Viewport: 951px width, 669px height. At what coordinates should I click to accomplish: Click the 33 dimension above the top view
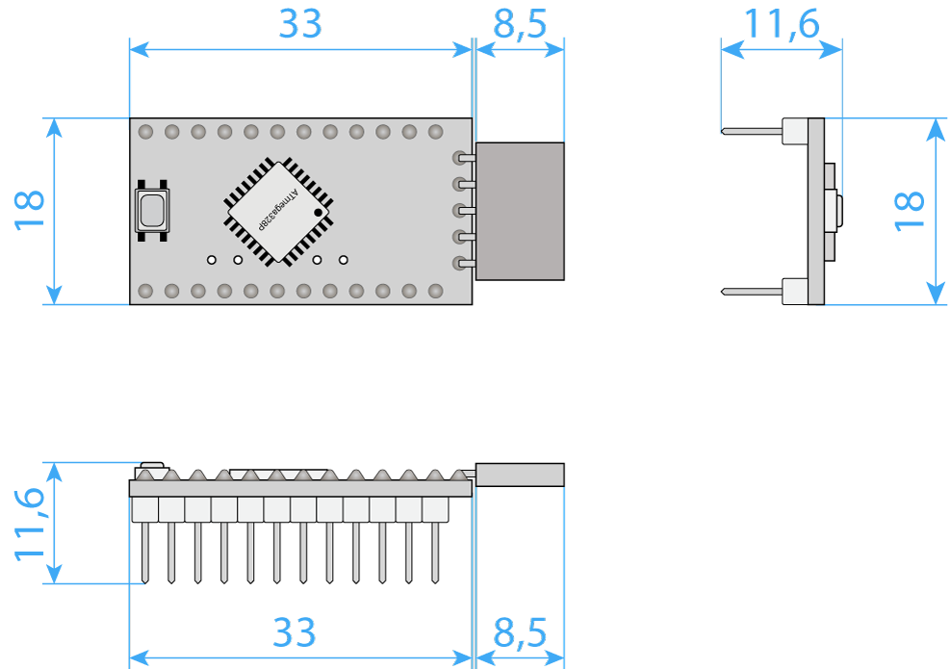(x=300, y=24)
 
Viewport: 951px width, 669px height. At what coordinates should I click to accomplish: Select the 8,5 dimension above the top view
(x=520, y=25)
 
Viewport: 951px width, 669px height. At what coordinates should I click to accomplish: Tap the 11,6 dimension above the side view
(x=782, y=25)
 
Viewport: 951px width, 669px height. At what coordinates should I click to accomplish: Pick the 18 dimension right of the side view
(x=910, y=211)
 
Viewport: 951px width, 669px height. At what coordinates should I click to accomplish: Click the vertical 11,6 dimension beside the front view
(x=29, y=524)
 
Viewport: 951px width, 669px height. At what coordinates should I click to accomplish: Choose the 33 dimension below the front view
(x=295, y=632)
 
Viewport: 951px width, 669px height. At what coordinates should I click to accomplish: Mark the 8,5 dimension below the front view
(x=520, y=633)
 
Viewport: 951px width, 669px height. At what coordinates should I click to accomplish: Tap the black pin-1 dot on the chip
(x=318, y=213)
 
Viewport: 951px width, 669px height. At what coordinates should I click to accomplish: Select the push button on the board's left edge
(x=152, y=211)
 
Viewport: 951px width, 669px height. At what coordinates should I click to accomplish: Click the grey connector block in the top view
(x=520, y=211)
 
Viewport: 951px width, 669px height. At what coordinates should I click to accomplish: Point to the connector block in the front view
(x=520, y=475)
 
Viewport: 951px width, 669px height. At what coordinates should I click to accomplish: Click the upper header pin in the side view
(x=752, y=131)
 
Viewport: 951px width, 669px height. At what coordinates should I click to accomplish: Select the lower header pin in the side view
(x=752, y=292)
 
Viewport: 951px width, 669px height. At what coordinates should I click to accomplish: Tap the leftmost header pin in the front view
(x=145, y=553)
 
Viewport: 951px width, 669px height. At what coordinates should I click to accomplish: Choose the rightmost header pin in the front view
(x=435, y=553)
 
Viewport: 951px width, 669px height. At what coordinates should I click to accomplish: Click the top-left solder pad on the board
(x=145, y=132)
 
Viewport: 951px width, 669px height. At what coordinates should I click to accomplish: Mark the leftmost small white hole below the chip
(x=212, y=260)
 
